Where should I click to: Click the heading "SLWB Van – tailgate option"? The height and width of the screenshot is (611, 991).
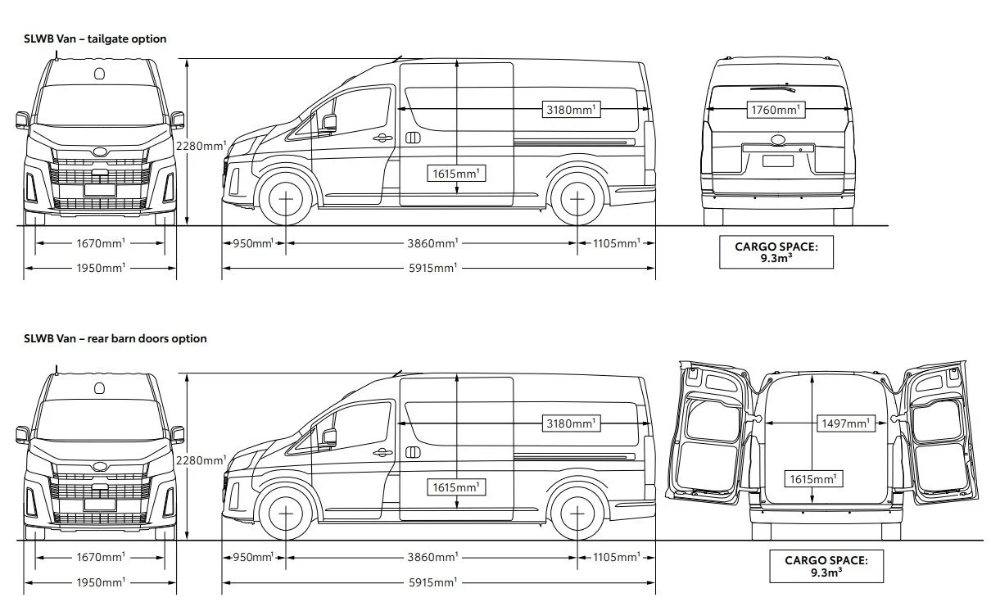coord(95,38)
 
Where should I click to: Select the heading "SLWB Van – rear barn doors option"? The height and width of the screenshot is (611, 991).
coord(115,338)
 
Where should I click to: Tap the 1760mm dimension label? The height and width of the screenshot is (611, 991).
coord(776,109)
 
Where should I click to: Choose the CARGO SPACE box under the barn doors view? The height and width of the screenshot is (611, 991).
coord(826,566)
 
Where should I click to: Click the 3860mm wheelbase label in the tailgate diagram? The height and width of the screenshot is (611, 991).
coord(433,243)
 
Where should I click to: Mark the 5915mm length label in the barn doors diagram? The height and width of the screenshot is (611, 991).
coord(433,582)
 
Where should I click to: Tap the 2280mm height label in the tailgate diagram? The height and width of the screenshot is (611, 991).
coord(201,146)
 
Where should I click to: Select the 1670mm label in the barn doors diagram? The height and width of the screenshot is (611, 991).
coord(101,557)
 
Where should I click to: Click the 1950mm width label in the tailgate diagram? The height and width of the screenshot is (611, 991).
coord(101,268)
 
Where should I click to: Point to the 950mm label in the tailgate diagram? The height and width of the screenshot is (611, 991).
coord(253,243)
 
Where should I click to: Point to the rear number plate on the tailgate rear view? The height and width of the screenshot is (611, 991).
coord(776,161)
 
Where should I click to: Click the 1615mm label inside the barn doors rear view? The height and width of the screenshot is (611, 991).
coord(814,479)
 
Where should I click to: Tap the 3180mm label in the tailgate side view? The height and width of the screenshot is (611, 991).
coord(572,109)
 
